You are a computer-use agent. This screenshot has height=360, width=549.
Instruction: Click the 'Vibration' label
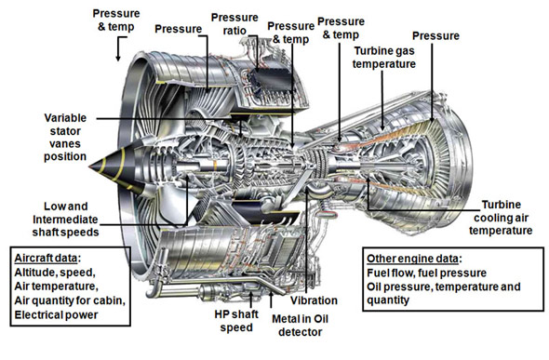(x=314, y=300)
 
